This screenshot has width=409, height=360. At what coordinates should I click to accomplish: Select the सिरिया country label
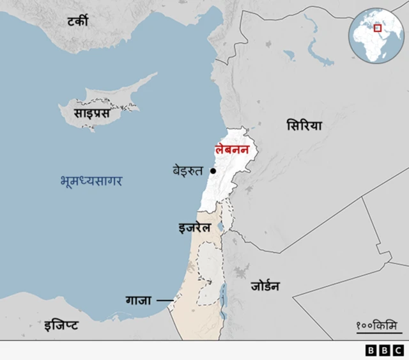(x=304, y=125)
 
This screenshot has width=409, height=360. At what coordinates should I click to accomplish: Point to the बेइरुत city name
(x=187, y=171)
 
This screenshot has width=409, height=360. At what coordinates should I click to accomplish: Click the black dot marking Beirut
(x=213, y=171)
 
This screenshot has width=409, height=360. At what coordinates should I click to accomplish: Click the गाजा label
(x=138, y=299)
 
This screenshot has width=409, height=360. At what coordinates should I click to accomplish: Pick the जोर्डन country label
(x=265, y=286)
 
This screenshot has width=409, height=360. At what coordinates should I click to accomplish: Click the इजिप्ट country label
(x=61, y=325)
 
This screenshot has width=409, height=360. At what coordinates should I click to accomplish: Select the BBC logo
(x=383, y=350)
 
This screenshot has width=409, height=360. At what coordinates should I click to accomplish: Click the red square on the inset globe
(x=377, y=28)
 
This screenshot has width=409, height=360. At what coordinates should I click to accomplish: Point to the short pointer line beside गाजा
(x=166, y=299)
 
